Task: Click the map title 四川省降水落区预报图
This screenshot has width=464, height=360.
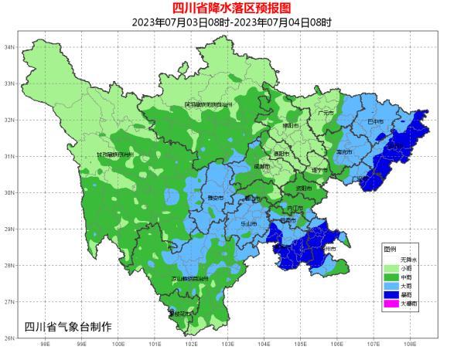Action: point(232,8)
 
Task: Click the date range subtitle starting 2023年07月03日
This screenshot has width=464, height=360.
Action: point(232,22)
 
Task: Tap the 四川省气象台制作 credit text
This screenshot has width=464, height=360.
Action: point(68,327)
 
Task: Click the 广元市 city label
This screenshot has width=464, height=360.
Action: point(325,113)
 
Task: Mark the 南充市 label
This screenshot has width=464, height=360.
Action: point(343,152)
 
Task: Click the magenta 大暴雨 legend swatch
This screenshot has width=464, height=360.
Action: point(390,304)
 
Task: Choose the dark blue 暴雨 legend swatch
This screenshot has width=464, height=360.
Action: point(390,294)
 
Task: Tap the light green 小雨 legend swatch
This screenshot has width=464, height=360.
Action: point(390,267)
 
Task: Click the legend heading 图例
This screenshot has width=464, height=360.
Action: point(389,249)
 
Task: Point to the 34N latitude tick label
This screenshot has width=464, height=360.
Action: point(10,47)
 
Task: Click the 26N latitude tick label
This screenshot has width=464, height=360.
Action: point(10,338)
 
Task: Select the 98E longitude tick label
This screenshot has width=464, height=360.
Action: point(44,346)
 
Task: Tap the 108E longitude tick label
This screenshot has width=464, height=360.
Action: point(408,346)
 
